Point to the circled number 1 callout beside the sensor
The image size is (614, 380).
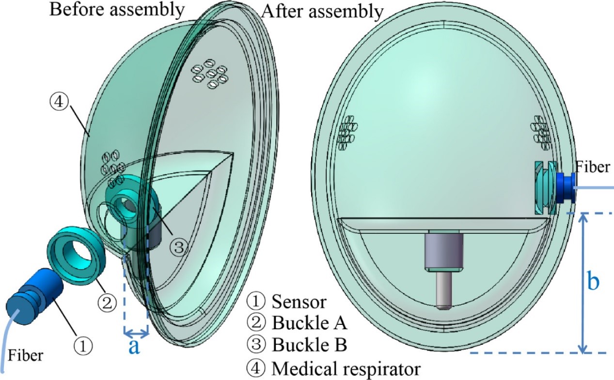(x=82, y=345)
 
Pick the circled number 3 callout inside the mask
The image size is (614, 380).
(x=178, y=247)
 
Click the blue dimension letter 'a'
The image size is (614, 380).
(x=134, y=347)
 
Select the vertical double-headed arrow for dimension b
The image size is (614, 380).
(x=584, y=283)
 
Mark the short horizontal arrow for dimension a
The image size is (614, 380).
(x=136, y=333)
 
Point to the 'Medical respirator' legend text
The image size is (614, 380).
(x=346, y=369)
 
